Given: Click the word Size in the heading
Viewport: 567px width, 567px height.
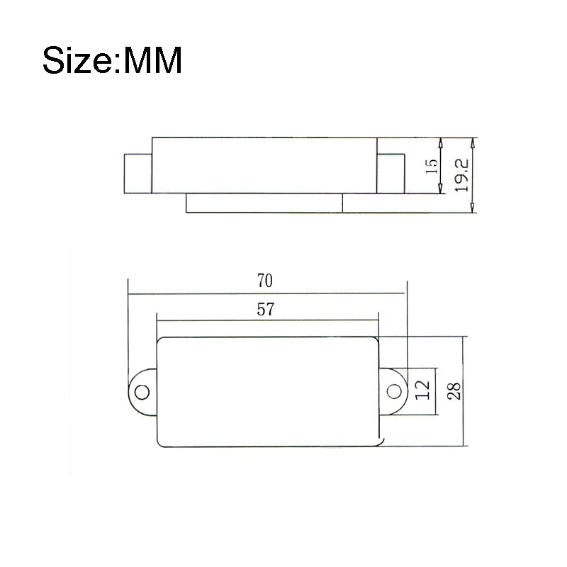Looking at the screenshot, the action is [77, 60].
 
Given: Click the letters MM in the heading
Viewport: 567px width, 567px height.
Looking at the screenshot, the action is [152, 61].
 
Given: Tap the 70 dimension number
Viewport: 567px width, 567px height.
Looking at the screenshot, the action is [264, 281].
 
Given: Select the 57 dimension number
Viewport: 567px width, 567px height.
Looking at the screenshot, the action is [265, 310].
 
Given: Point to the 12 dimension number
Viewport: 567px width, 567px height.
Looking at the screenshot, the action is [422, 391].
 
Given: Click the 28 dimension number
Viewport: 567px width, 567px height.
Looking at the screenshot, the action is [454, 391].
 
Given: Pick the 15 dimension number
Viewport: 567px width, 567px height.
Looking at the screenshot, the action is [432, 167].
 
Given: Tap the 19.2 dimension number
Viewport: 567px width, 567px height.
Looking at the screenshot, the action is [462, 175].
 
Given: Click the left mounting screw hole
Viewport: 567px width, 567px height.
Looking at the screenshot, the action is [142, 392].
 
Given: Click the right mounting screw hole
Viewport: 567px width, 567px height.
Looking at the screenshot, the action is [394, 391].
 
